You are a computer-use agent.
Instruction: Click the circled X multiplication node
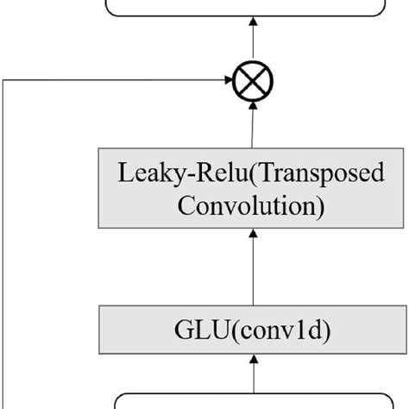pyautogui.click(x=253, y=82)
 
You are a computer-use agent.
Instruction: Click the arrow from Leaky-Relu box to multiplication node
pyautogui.click(x=254, y=125)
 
